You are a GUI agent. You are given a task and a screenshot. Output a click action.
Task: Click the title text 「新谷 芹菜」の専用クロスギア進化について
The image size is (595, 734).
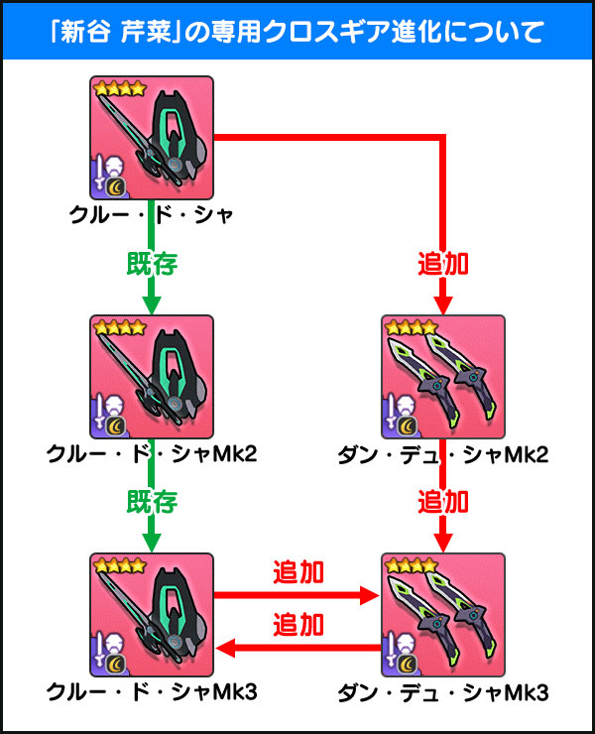point(297,31)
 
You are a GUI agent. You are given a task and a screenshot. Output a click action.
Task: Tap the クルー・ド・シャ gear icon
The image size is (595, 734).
point(152,137)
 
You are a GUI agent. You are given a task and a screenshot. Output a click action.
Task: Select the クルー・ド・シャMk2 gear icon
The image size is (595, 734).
point(152,376)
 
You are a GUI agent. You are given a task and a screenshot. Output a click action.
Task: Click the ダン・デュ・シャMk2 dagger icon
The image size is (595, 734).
point(443,376)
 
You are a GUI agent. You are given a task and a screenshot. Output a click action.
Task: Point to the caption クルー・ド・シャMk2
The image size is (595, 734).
point(152,453)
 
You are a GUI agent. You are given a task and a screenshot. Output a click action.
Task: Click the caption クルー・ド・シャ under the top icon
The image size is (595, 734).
point(152,213)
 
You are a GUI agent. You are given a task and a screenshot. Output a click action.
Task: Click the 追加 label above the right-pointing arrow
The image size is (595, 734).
point(298,573)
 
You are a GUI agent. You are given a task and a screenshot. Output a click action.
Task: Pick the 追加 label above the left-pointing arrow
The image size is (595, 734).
point(298,625)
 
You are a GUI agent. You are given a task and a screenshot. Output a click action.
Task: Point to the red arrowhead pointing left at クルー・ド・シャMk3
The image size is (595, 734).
point(225,649)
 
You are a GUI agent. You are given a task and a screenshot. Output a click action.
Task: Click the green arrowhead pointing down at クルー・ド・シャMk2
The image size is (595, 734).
point(152,305)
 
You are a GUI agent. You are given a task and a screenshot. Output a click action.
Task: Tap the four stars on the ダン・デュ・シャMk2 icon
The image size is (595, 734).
point(409,326)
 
